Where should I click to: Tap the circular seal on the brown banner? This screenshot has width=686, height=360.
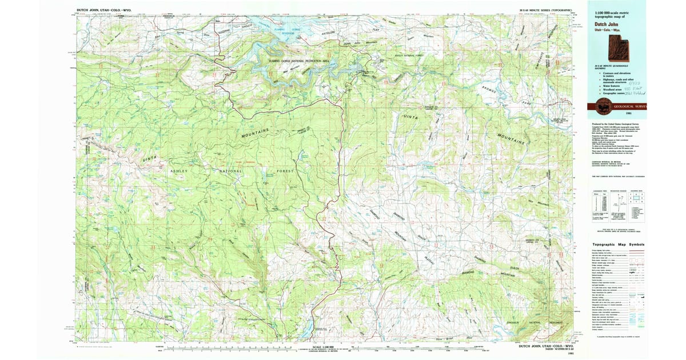point(602,106)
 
